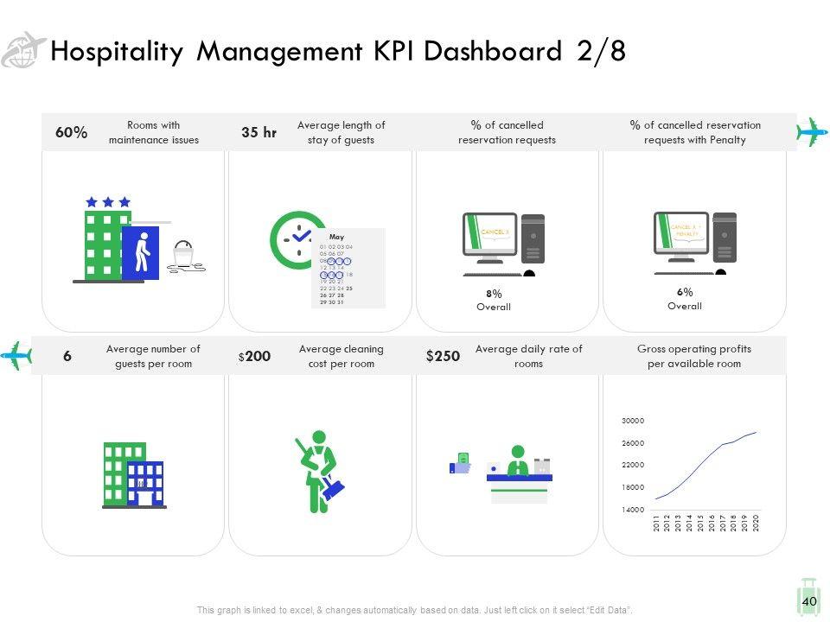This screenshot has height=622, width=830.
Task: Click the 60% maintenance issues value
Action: click(71, 132)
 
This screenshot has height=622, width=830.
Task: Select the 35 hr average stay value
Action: click(259, 132)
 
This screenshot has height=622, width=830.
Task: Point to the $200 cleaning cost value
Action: click(255, 356)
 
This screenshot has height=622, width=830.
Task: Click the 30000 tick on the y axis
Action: click(632, 421)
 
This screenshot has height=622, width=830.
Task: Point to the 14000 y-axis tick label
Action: click(632, 511)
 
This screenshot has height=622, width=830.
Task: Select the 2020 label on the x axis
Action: click(756, 524)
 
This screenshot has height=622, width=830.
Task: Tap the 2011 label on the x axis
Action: click(657, 524)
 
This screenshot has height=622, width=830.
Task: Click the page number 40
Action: click(809, 601)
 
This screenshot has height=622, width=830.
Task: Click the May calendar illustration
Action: click(348, 268)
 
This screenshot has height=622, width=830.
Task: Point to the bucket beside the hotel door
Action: click(182, 255)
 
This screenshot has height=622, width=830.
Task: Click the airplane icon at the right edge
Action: click(812, 132)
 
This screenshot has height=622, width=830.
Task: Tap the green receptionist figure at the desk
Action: click(518, 460)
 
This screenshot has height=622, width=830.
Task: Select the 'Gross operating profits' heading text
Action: click(693, 349)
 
